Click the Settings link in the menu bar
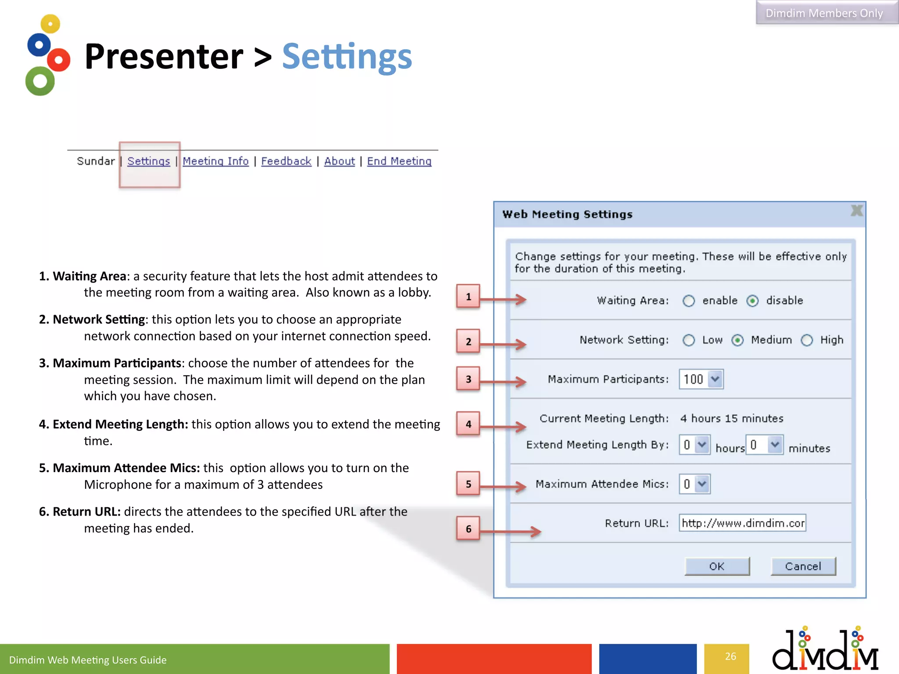coord(148,161)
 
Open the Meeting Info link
coord(216,161)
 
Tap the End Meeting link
coord(399,161)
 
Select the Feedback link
coord(286,161)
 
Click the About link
coord(339,161)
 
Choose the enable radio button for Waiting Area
coord(688,301)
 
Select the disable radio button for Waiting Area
coord(752,301)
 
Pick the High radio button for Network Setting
coord(807,340)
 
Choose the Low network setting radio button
coord(688,340)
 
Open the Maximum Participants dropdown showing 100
coord(701,379)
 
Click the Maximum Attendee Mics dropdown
coord(694,484)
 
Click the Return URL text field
coord(742,523)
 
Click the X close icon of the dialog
coord(856,211)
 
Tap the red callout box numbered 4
coord(468,424)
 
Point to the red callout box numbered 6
coord(468,529)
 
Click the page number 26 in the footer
coord(730,656)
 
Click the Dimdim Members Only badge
coord(824,13)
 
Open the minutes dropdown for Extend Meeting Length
coord(765,445)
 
